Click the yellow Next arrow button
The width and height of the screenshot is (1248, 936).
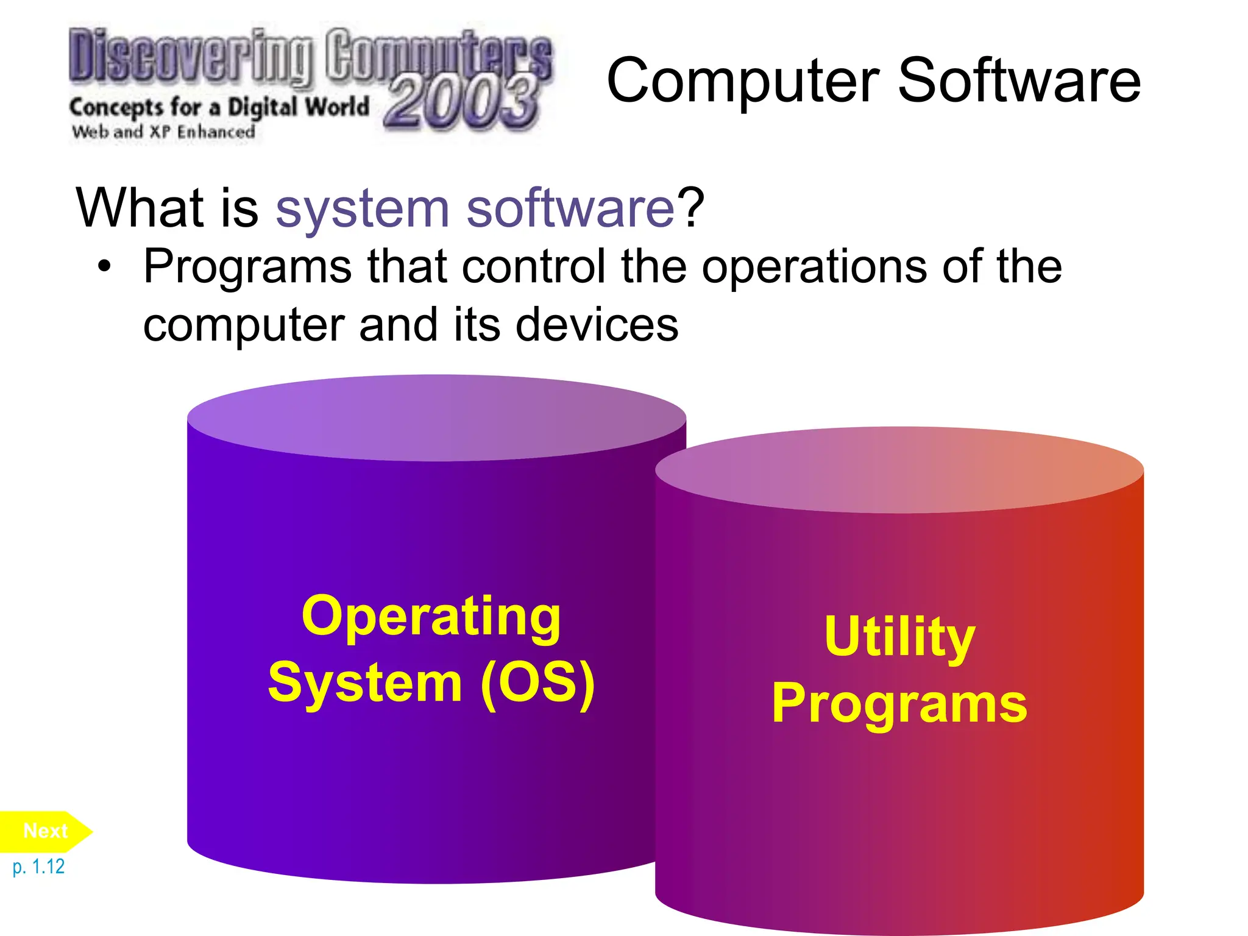coord(44,831)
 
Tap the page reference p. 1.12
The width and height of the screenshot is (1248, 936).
coord(38,867)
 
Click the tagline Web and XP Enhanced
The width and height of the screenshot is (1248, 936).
coord(163,132)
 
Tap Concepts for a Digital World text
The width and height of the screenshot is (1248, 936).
coord(219,107)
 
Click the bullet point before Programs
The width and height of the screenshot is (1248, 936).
coord(105,267)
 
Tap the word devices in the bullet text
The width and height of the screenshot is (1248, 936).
coord(597,324)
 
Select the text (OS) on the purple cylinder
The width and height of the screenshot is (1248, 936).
coord(537,683)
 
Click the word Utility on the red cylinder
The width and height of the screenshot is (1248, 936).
coord(899,637)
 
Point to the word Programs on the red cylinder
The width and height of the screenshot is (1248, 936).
coord(899,704)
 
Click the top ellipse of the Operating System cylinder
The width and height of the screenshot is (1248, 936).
coord(436,418)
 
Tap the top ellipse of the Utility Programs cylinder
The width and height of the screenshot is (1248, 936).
coord(899,470)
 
